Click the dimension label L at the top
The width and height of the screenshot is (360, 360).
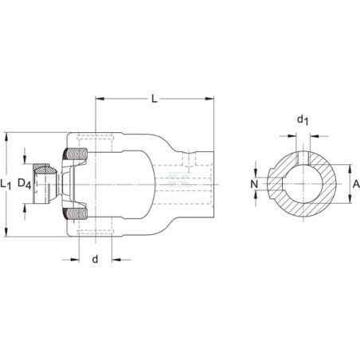pyautogui.click(x=155, y=99)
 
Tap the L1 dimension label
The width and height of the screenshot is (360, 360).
pyautogui.click(x=6, y=184)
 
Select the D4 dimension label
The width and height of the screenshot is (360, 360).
pyautogui.click(x=25, y=183)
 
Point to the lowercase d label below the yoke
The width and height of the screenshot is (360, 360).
pyautogui.click(x=95, y=259)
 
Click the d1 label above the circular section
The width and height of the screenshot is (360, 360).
pyautogui.click(x=303, y=120)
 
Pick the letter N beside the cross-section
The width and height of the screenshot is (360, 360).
pyautogui.click(x=254, y=184)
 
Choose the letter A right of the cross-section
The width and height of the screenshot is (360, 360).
pyautogui.click(x=356, y=184)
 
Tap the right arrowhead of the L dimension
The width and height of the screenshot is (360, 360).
pyautogui.click(x=209, y=99)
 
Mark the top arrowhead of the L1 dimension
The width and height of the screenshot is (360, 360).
pyautogui.click(x=6, y=137)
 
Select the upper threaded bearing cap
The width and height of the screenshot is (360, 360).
pyautogui.click(x=76, y=154)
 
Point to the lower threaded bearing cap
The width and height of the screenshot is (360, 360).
pyautogui.click(x=76, y=213)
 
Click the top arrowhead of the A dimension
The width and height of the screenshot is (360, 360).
pyautogui.click(x=350, y=169)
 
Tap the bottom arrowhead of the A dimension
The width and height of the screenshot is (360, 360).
pyautogui.click(x=350, y=199)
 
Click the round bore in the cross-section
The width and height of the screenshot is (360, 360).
pyautogui.click(x=303, y=184)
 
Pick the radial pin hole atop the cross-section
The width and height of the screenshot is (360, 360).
pyautogui.click(x=303, y=158)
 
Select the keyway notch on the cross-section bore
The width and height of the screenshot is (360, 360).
pyautogui.click(x=284, y=184)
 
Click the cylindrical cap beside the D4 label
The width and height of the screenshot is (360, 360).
pyautogui.click(x=45, y=184)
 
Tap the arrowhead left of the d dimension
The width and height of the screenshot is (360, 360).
pyautogui.click(x=75, y=260)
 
